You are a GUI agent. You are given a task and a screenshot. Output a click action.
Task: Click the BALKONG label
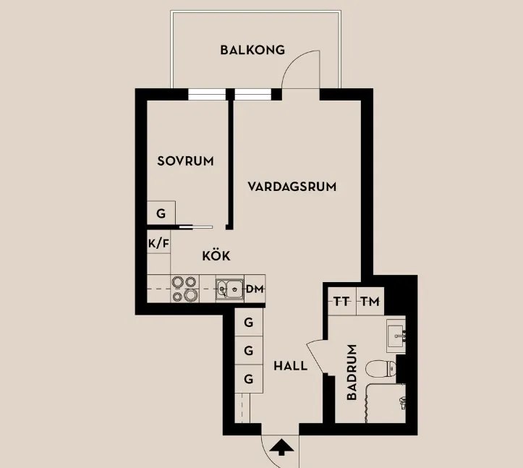pos(252,51)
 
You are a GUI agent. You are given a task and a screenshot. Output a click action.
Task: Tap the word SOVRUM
pos(185,161)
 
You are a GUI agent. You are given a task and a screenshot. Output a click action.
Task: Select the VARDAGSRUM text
pos(292,187)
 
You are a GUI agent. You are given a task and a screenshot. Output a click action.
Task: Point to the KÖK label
pos(216,255)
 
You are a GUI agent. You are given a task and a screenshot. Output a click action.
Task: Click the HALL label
pos(290,366)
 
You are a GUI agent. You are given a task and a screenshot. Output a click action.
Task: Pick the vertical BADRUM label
pos(352,372)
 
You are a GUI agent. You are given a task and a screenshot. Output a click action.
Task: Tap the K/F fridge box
pos(158,243)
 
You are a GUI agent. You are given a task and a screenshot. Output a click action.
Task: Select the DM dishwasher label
pos(254,289)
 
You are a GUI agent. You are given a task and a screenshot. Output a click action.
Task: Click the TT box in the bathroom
pos(341,302)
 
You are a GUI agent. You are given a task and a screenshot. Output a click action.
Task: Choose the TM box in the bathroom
pos(369,302)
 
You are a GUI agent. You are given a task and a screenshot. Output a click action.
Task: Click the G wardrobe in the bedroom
pos(161,213)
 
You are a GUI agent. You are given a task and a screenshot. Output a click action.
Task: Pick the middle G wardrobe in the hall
pos(248,351)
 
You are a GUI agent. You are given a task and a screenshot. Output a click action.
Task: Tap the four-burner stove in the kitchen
pos(184,289)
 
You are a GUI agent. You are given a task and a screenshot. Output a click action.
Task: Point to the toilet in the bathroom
pos(380,369)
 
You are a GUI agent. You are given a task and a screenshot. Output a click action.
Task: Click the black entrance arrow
pos(282,448)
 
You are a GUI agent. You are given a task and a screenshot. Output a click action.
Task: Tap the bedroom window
pos(206,94)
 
